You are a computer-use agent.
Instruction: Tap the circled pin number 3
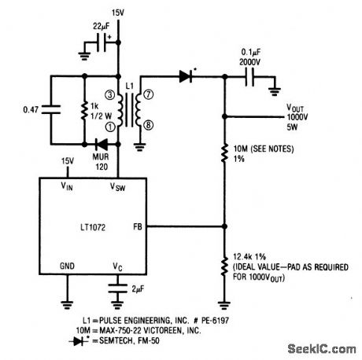[x=111, y=94]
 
